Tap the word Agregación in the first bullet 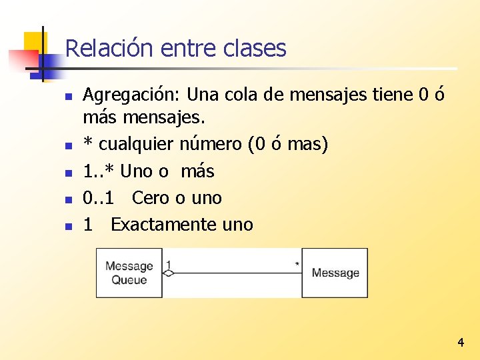[x=133, y=96]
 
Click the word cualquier [x=131, y=144]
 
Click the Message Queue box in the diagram [x=129, y=273]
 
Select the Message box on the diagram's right [x=335, y=273]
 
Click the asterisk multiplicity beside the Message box [x=297, y=264]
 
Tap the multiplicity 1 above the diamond [x=169, y=265]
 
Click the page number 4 [x=460, y=343]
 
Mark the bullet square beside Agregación [x=68, y=97]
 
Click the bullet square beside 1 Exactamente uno [x=68, y=225]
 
